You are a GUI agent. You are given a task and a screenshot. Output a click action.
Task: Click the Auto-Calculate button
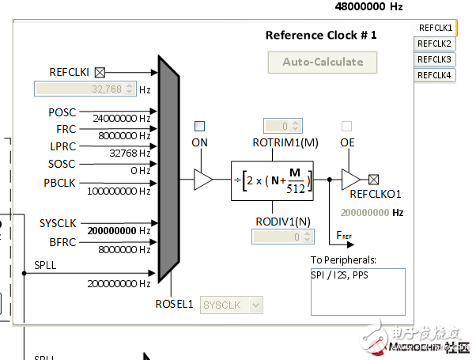click(x=323, y=62)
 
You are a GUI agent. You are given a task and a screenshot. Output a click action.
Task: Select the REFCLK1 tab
click(x=435, y=28)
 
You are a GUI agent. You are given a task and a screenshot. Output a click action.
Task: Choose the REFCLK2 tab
click(x=435, y=44)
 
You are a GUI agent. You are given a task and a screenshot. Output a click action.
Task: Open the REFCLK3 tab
click(x=435, y=59)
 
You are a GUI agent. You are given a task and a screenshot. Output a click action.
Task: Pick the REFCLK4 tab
click(x=435, y=75)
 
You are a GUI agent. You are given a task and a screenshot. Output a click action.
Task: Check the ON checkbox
click(x=200, y=126)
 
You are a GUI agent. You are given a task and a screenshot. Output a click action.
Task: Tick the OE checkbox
click(x=346, y=126)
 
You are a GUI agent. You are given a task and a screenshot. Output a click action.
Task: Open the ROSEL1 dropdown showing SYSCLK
click(x=232, y=305)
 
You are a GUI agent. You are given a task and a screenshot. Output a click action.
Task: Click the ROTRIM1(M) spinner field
click(x=282, y=125)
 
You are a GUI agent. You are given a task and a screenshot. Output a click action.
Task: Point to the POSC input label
click(x=62, y=112)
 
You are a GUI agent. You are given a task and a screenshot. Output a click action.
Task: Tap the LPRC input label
click(x=62, y=146)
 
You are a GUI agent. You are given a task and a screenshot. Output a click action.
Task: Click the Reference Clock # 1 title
click(x=321, y=35)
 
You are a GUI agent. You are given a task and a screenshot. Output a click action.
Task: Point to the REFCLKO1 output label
click(x=376, y=194)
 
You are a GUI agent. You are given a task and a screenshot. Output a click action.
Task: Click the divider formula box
click(x=272, y=180)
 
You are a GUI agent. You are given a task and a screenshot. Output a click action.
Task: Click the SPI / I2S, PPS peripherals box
click(x=357, y=290)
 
